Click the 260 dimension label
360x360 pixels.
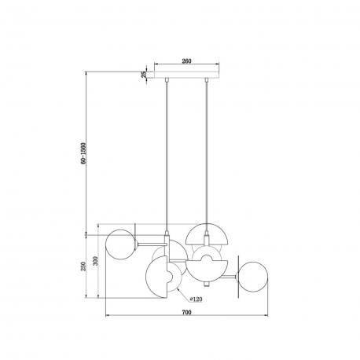tap(186, 61)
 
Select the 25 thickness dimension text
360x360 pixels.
tap(144, 75)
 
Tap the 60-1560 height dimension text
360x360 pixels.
tap(83, 153)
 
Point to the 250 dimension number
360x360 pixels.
tap(83, 266)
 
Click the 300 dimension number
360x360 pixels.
tap(95, 261)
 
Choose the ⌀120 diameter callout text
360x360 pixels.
tap(196, 299)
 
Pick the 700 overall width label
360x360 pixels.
tap(186, 312)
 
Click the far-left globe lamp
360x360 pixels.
tap(120, 244)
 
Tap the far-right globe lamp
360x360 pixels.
tap(253, 277)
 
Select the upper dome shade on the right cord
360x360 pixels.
tap(207, 233)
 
